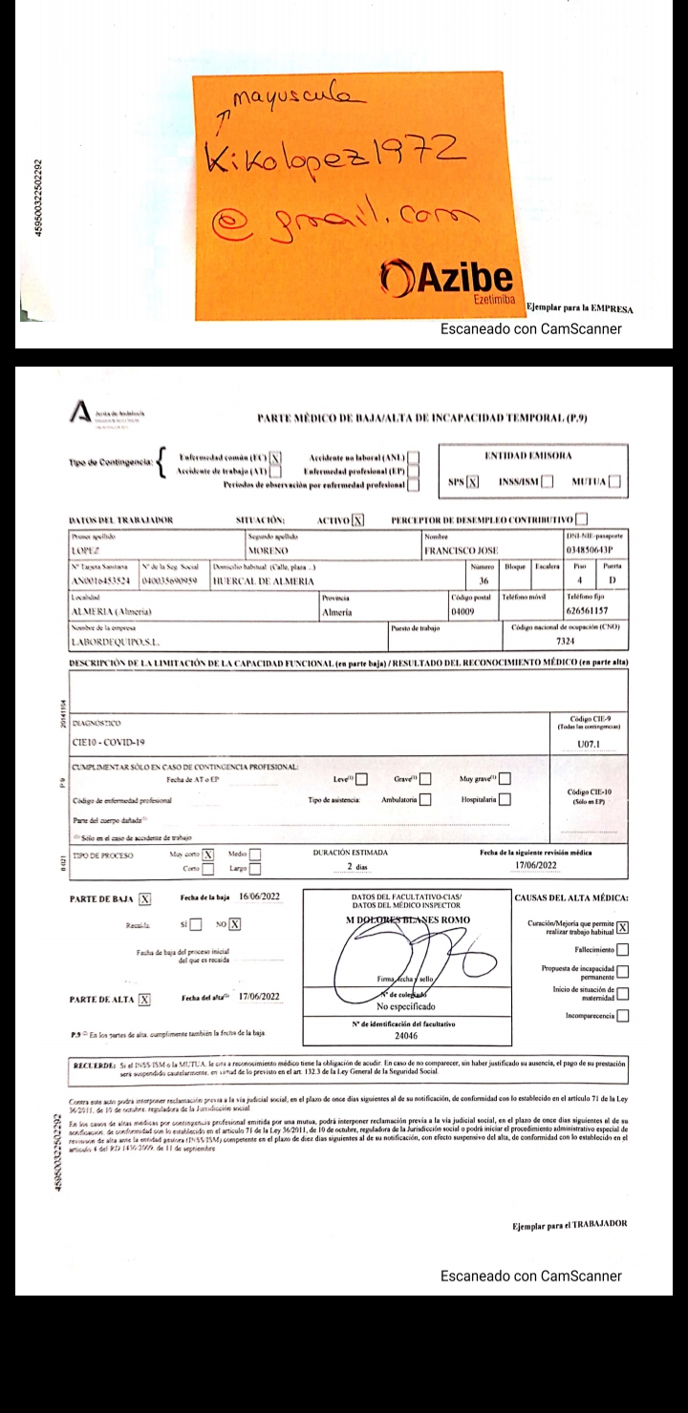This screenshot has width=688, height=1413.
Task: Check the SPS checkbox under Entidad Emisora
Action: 472,481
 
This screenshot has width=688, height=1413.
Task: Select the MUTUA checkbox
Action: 614,481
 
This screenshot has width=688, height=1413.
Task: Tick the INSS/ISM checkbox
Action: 547,481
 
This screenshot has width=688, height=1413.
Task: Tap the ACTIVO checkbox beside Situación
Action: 358,520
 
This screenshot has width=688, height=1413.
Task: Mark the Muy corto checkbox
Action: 207,854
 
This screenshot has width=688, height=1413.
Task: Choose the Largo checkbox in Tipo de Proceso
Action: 254,870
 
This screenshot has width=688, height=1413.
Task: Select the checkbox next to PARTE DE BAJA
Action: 145,898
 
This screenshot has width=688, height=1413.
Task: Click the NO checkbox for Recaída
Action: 234,923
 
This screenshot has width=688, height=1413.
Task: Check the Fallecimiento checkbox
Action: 623,949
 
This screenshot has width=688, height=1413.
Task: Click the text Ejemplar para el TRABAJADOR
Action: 570,1223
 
